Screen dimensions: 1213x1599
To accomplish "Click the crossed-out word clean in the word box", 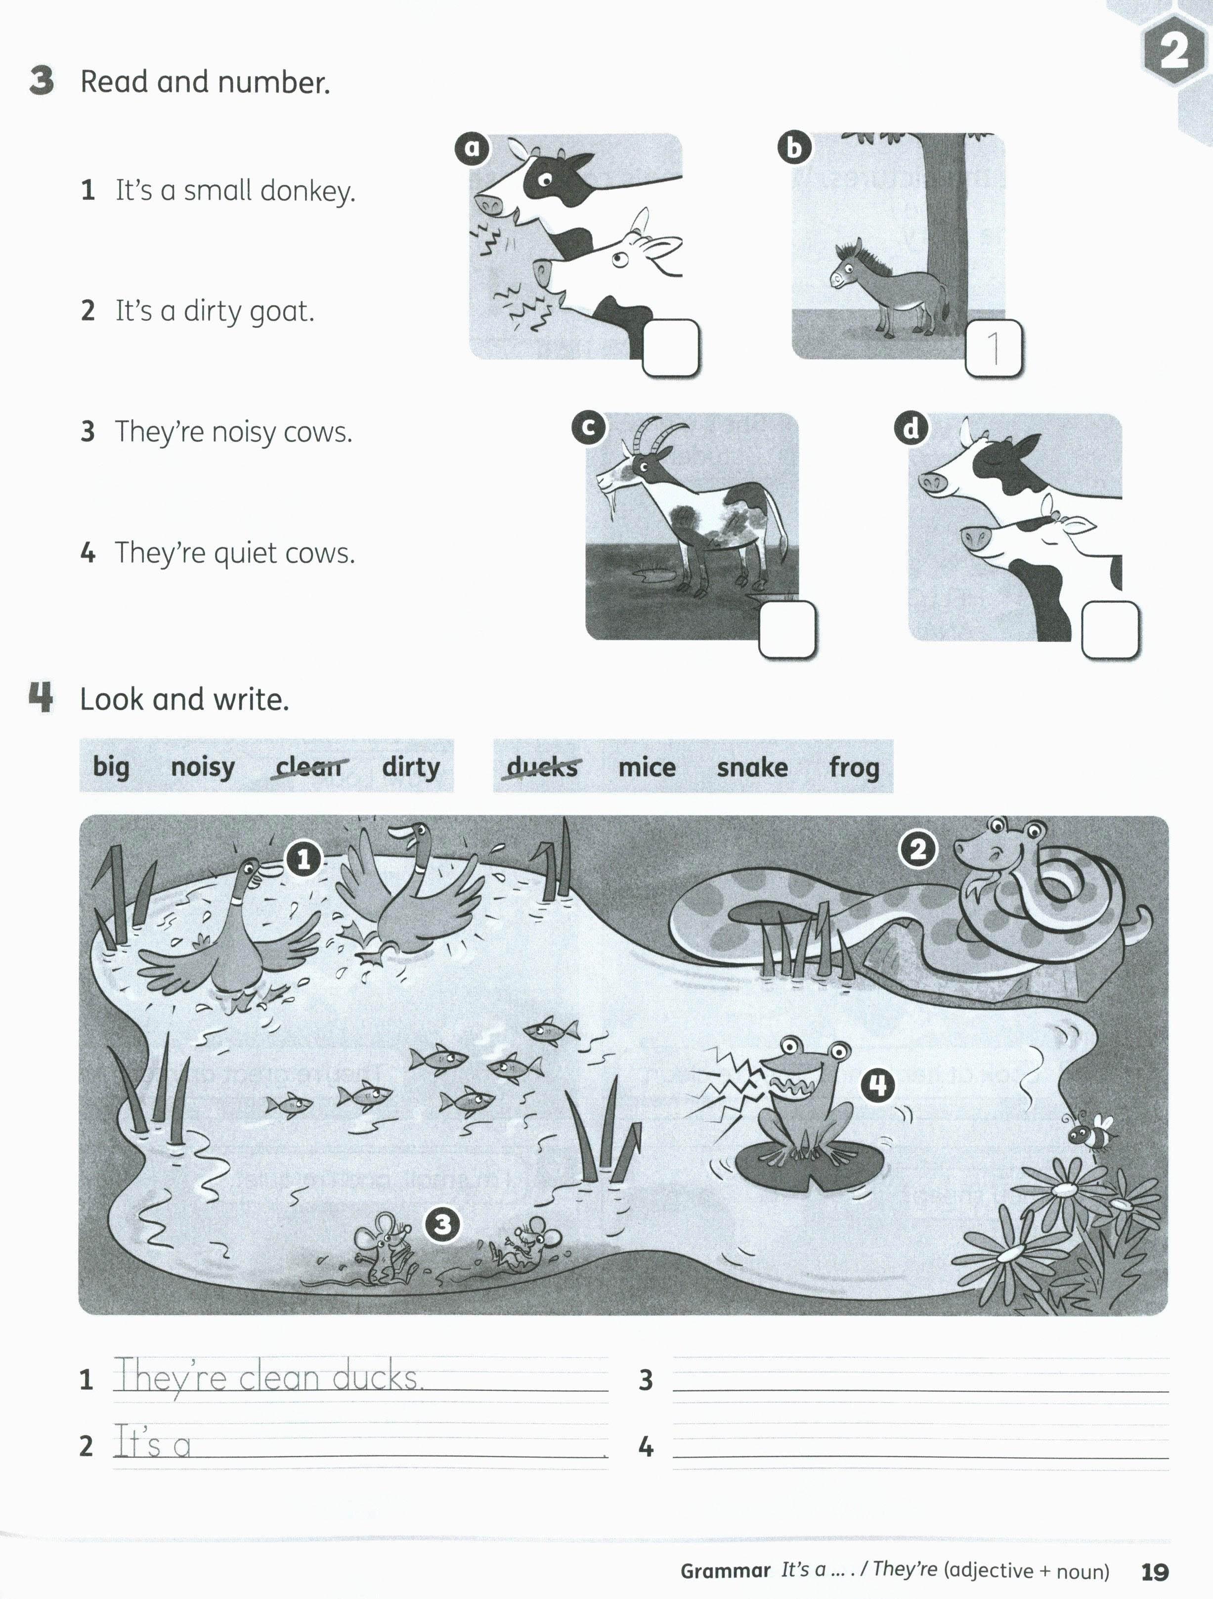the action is click(308, 766).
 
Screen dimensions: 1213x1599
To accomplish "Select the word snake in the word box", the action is click(752, 767).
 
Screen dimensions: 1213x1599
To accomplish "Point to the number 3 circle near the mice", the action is click(442, 1224).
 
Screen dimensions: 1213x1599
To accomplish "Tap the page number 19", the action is click(1155, 1571).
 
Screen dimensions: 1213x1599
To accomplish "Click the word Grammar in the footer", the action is click(725, 1571).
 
